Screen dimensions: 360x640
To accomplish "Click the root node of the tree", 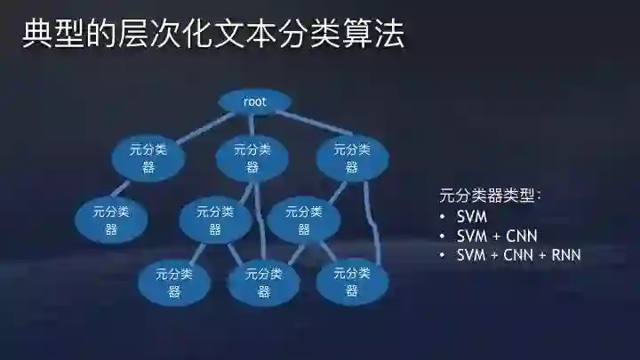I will pos(254,101).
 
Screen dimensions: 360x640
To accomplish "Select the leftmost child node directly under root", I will pos(148,158).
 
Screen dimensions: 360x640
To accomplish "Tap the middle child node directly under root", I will pos(252,158).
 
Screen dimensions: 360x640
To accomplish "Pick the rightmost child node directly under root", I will pos(352,158).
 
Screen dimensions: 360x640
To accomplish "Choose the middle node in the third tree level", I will pos(215,220).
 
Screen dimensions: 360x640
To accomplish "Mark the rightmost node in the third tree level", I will pos(303,220).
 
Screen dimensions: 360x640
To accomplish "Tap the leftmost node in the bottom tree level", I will pos(174,281).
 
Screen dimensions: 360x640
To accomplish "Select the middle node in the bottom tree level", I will pos(264,282).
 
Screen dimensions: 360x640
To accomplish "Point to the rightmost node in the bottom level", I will pos(352,281).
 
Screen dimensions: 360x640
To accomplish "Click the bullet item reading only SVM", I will pos(472,217).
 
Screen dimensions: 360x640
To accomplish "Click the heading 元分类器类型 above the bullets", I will pos(490,196).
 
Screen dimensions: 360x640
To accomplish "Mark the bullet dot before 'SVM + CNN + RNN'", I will pos(443,256).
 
